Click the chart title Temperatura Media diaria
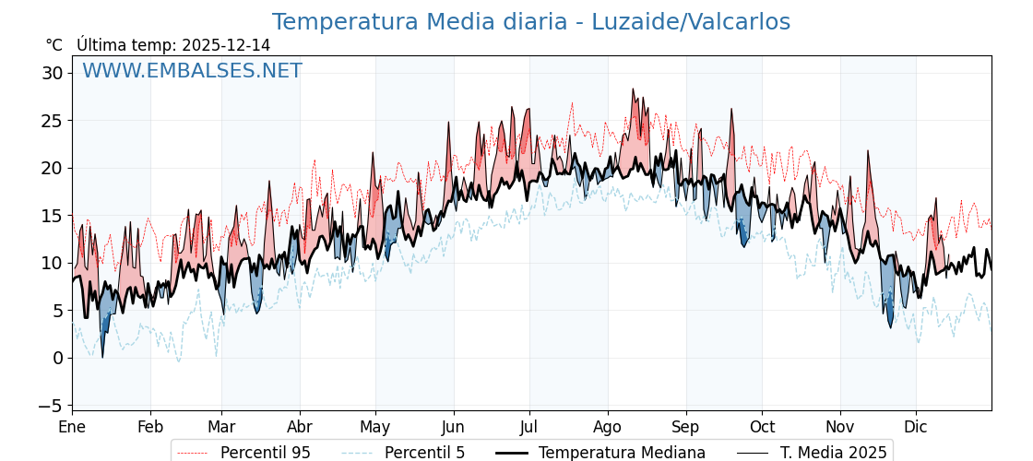pos(530,22)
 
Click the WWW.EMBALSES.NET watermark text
pos(192,71)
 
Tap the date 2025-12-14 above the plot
pos(226,45)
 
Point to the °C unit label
pos(53,45)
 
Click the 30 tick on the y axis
pos(52,73)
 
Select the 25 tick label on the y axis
pos(52,121)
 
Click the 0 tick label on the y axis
pos(58,358)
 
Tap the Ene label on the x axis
pos(72,427)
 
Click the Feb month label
pos(150,427)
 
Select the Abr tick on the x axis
pos(300,427)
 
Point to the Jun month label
pos(453,427)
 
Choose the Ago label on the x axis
pos(608,427)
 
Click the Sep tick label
pos(686,427)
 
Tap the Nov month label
pos(840,427)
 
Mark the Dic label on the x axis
pos(916,427)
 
